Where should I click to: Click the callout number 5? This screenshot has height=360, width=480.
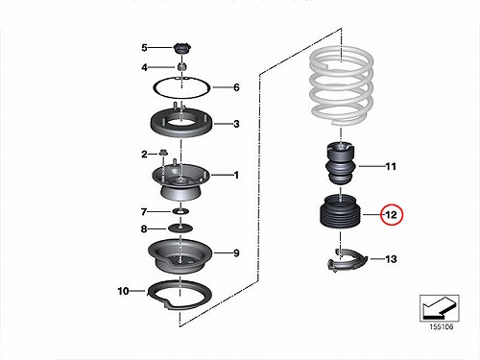(144, 48)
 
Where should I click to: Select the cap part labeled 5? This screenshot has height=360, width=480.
(182, 49)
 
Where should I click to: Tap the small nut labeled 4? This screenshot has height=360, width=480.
(181, 67)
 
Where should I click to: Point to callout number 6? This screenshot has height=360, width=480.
(236, 87)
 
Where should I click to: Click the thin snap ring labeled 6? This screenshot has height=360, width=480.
(181, 96)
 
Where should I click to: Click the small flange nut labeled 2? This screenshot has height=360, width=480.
(163, 154)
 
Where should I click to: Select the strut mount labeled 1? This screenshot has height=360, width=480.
(181, 180)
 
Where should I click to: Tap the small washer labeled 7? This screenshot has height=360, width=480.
(180, 211)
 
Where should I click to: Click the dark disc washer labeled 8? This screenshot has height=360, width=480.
(181, 228)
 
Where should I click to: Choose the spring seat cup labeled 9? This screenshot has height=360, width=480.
(180, 256)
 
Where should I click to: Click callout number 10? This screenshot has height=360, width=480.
(123, 291)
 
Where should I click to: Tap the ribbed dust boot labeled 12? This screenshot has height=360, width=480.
(341, 213)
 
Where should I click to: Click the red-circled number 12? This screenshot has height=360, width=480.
(392, 215)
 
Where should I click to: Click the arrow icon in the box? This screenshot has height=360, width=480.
(439, 308)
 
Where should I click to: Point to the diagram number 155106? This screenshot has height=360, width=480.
(442, 326)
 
